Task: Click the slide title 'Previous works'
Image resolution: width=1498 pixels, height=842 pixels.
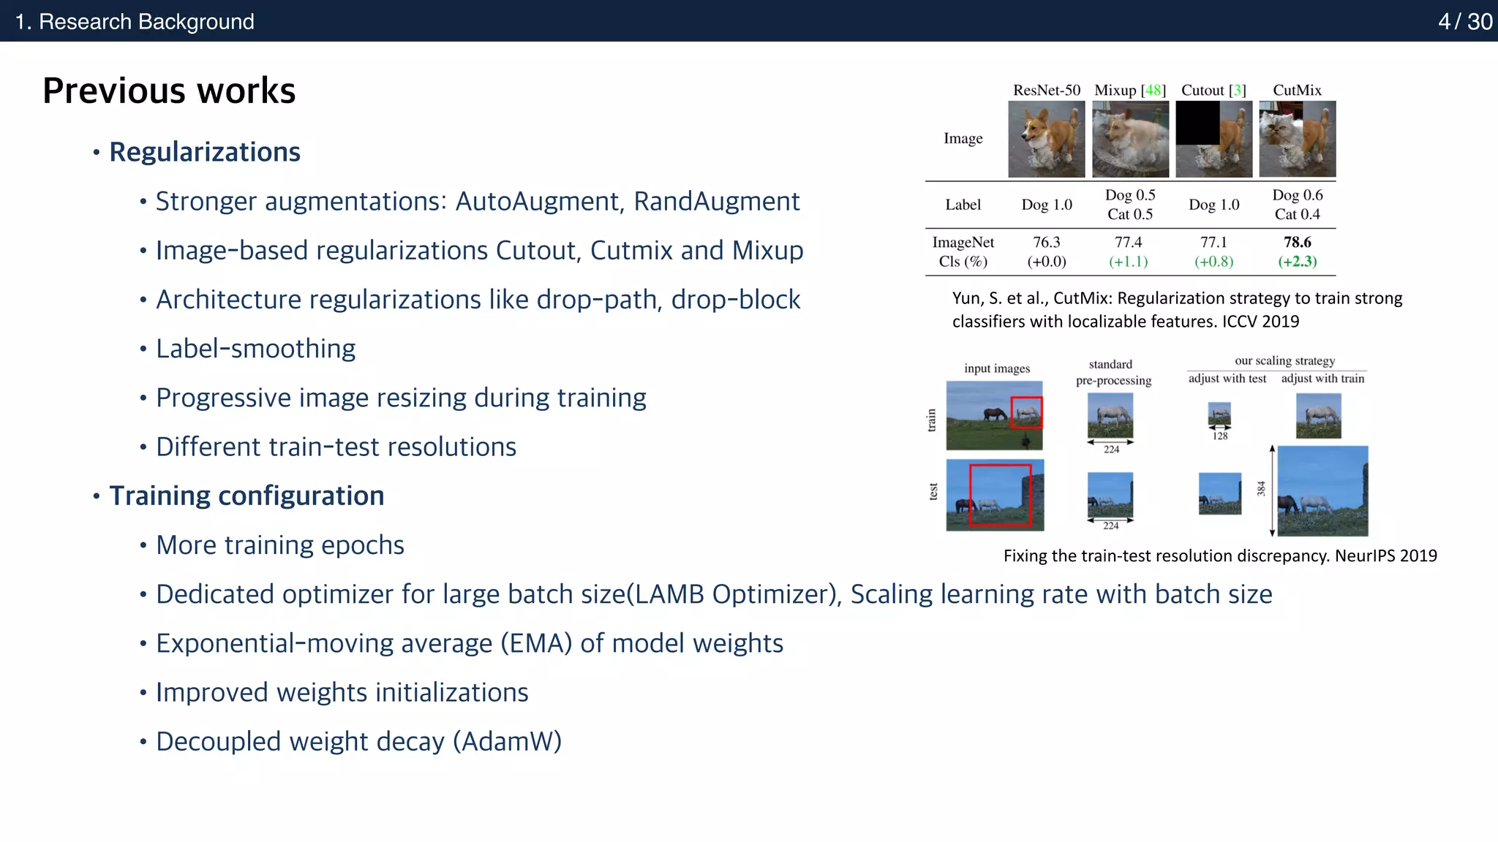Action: click(169, 91)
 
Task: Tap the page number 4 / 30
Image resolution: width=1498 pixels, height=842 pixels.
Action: click(1464, 21)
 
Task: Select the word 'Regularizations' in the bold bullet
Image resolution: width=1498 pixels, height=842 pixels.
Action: click(205, 152)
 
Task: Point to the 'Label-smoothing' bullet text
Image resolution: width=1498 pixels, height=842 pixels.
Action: click(255, 349)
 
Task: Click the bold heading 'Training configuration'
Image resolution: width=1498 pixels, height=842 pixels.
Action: click(246, 496)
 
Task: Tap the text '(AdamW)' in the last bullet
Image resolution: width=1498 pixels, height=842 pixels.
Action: click(507, 741)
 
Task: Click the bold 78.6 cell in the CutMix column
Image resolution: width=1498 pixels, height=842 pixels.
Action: click(1297, 242)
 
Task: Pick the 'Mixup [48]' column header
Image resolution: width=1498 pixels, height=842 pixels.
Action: click(1129, 90)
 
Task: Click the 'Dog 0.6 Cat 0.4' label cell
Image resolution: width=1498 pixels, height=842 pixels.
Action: click(1297, 205)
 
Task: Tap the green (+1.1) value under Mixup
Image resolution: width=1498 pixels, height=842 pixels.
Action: click(1128, 262)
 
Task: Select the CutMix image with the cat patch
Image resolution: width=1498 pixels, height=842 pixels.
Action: click(1297, 139)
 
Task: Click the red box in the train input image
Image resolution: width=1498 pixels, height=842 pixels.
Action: click(1026, 412)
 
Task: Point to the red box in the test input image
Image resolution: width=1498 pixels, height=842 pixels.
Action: click(1000, 495)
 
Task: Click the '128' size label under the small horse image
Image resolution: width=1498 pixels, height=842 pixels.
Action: click(1219, 436)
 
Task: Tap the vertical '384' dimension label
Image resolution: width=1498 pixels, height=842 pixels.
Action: click(1261, 489)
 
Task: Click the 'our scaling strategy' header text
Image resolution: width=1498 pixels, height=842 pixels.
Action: click(1284, 361)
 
